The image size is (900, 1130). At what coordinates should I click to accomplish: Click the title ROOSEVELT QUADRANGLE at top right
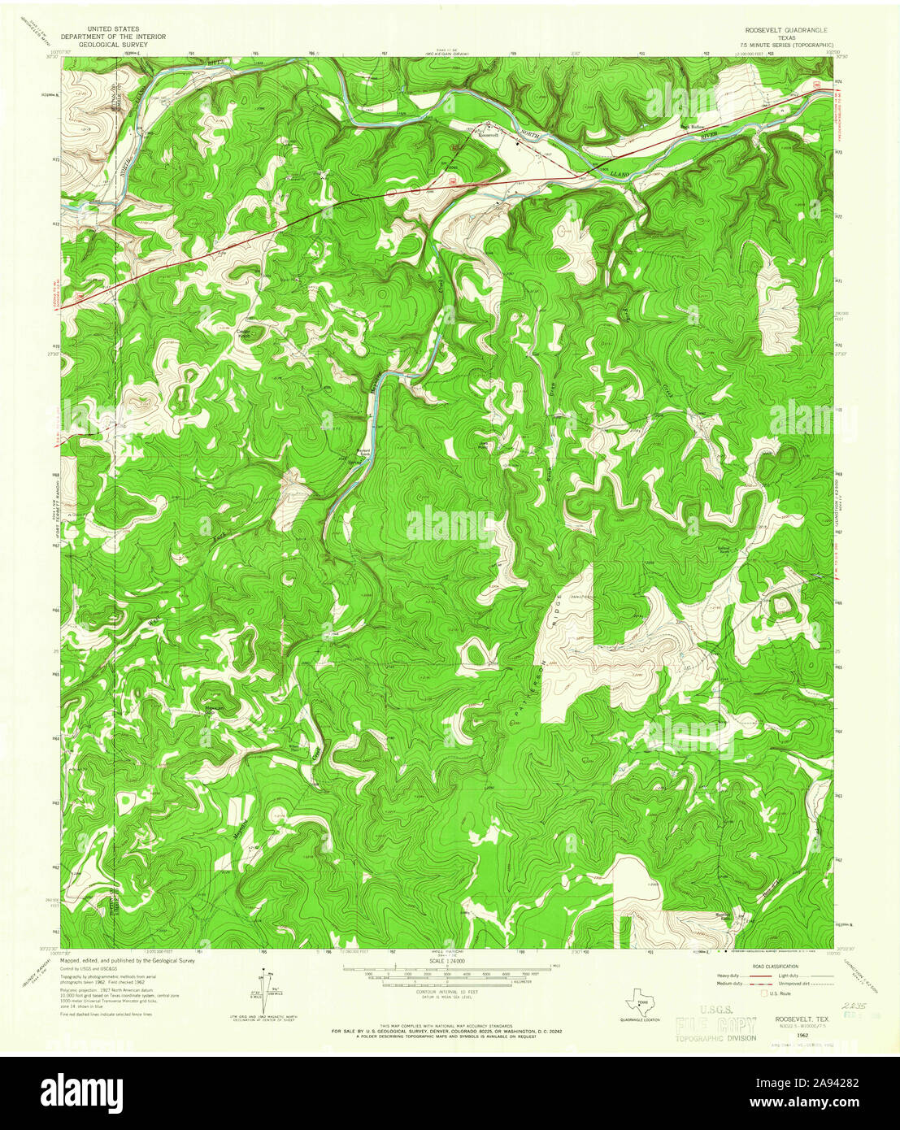click(780, 28)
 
